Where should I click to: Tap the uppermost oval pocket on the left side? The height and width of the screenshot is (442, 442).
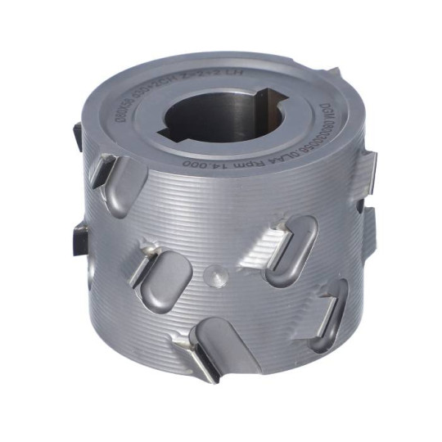pos(127,177)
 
